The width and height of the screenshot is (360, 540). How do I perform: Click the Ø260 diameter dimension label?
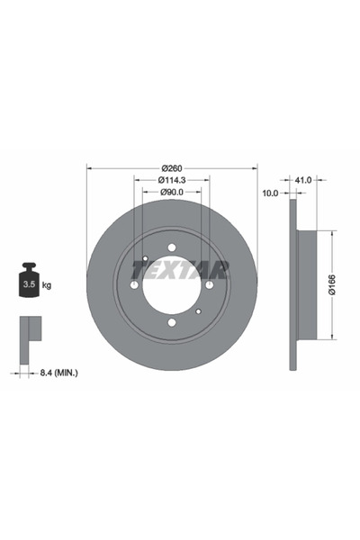pyautogui.click(x=172, y=169)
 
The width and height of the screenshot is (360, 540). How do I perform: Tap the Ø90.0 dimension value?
pyautogui.click(x=172, y=192)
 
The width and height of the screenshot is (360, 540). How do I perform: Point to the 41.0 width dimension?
pyautogui.click(x=303, y=180)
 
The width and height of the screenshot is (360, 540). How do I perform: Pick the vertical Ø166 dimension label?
pyautogui.click(x=331, y=285)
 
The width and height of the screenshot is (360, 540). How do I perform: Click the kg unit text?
pyautogui.click(x=47, y=285)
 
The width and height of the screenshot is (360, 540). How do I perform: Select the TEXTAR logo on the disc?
pyautogui.click(x=181, y=268)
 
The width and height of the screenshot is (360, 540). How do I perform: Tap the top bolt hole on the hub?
pyautogui.click(x=172, y=249)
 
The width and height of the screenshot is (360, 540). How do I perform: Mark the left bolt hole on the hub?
pyautogui.click(x=135, y=285)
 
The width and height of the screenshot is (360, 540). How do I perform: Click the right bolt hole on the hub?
pyautogui.click(x=209, y=285)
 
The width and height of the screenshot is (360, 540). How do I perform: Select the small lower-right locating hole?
pyautogui.click(x=198, y=311)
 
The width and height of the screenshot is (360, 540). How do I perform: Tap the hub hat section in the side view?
pyautogui.click(x=305, y=285)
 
